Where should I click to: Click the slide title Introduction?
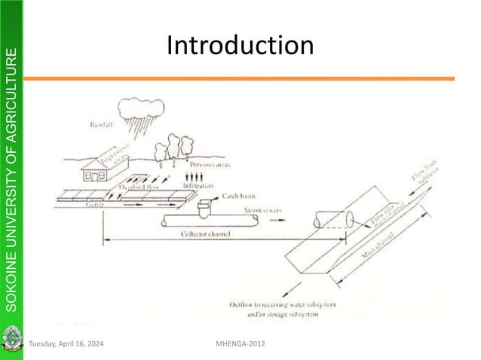[240, 46]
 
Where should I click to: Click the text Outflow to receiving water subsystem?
[296, 304]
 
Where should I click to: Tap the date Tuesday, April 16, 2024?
[66, 344]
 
